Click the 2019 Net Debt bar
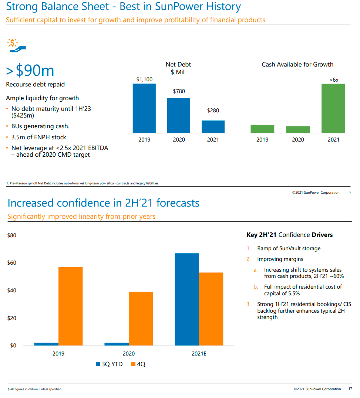(x=144, y=108)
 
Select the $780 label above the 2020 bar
(x=179, y=91)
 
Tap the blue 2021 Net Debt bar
(x=213, y=127)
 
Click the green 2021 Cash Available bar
(x=333, y=108)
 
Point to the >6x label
(x=333, y=80)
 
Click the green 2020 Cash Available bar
(x=298, y=129)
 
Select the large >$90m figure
(x=30, y=70)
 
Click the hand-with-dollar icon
(x=16, y=45)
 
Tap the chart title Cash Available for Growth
(x=297, y=64)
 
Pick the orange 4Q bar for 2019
(x=70, y=306)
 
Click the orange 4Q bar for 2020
(x=141, y=319)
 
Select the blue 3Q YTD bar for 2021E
(x=187, y=299)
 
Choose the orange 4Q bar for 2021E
(x=211, y=309)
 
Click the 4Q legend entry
(x=138, y=364)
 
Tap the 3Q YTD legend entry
(x=110, y=364)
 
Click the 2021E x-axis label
(x=199, y=354)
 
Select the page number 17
(x=350, y=389)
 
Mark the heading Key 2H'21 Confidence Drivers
(x=289, y=235)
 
